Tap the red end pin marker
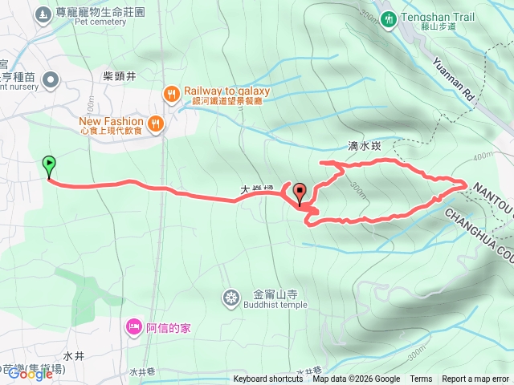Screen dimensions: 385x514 [301, 193]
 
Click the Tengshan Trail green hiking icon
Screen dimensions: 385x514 [389, 18]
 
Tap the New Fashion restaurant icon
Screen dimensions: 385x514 [156, 124]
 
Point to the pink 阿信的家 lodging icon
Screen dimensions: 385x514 [133, 326]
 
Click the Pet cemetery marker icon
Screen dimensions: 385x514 [42, 14]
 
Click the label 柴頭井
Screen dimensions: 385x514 [120, 76]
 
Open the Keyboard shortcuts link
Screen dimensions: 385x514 [268, 379]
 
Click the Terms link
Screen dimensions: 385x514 [421, 379]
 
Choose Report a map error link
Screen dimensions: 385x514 [475, 379]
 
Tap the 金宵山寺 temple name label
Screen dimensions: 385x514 [275, 271]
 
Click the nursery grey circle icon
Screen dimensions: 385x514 [51, 79]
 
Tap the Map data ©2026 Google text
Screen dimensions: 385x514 [356, 379]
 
